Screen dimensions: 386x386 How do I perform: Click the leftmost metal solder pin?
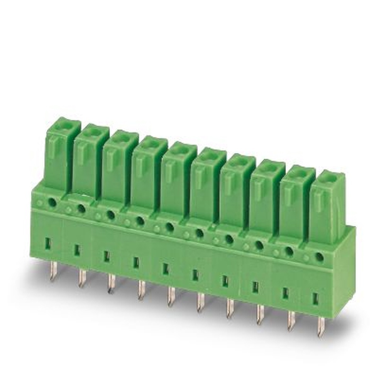(x=53, y=271)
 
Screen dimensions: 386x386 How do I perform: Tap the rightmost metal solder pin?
(x=320, y=326)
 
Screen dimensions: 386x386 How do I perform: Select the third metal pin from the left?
(x=111, y=283)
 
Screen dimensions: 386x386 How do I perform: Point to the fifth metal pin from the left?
(x=171, y=296)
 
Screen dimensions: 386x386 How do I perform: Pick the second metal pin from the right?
(x=291, y=320)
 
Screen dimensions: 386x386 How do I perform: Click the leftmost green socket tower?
(x=62, y=154)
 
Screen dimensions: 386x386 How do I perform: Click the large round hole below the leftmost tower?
(x=52, y=203)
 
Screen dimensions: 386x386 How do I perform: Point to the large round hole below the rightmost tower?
(x=319, y=257)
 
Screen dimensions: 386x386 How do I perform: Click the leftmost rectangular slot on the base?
(x=47, y=244)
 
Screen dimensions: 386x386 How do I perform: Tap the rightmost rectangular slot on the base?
(x=315, y=298)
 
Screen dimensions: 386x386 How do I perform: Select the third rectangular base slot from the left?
(x=107, y=256)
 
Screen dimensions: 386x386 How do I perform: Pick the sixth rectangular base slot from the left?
(x=195, y=274)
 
